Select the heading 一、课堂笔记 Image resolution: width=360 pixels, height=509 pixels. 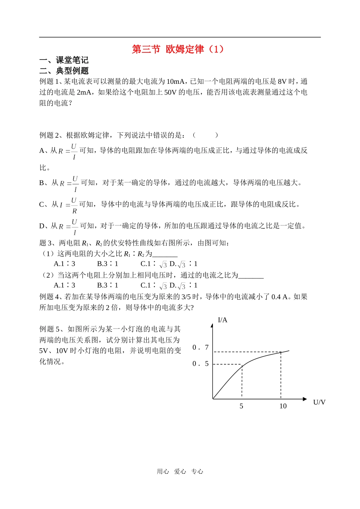click(x=64, y=60)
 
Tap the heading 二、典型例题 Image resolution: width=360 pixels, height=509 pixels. click(x=64, y=71)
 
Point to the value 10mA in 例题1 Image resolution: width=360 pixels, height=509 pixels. click(x=175, y=82)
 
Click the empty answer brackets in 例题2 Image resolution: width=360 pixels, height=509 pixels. click(x=205, y=135)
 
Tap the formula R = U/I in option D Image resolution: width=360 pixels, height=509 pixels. click(x=68, y=226)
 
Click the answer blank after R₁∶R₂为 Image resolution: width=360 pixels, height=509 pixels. click(x=165, y=254)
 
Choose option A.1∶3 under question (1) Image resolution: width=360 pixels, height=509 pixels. click(x=64, y=264)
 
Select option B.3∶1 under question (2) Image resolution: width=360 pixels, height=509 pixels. click(x=108, y=285)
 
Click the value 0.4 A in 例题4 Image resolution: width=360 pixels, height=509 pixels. click(x=280, y=297)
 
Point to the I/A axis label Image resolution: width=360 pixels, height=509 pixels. click(x=223, y=320)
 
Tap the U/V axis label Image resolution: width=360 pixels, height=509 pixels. click(x=319, y=402)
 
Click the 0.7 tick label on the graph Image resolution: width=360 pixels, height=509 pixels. click(x=200, y=347)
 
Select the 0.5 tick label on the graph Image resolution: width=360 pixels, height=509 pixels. click(x=200, y=364)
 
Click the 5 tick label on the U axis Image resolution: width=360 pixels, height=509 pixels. click(x=241, y=406)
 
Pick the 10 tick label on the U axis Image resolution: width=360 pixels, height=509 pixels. click(x=283, y=406)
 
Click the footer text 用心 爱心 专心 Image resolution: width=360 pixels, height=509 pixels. click(x=180, y=471)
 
